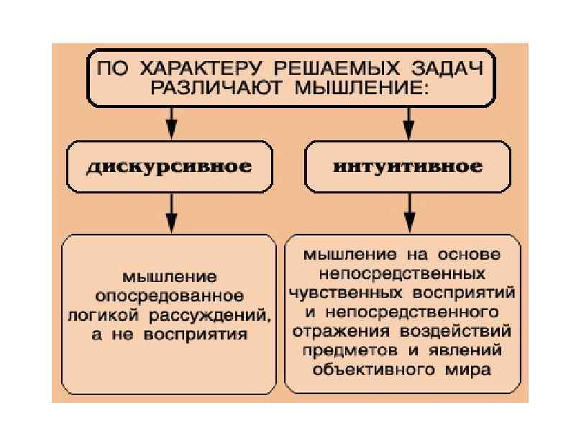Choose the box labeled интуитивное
pos(407,167)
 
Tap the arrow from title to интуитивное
pos(408,123)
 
